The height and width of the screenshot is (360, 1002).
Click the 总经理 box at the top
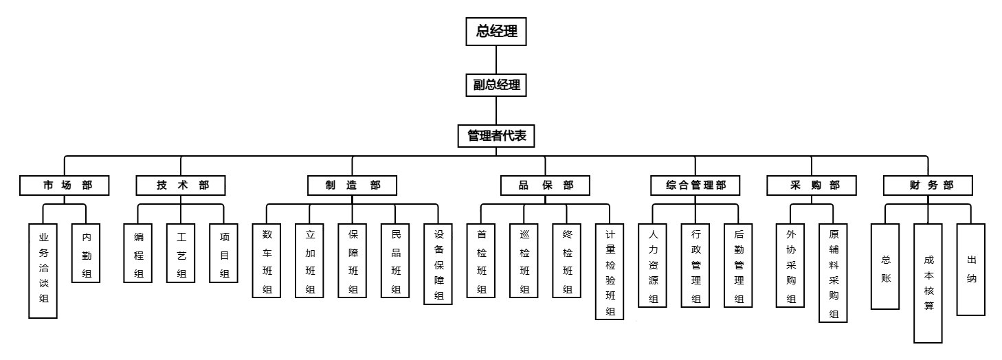pyautogui.click(x=496, y=32)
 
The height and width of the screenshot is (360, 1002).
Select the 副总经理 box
pyautogui.click(x=496, y=86)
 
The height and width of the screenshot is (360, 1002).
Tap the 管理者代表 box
pyautogui.click(x=496, y=135)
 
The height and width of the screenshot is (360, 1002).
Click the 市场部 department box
pyautogui.click(x=65, y=185)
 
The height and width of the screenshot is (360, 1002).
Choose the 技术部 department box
pyautogui.click(x=181, y=185)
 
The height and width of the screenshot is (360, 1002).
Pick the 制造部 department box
pyautogui.click(x=352, y=185)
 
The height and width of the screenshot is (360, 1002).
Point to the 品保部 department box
pyautogui.click(x=545, y=185)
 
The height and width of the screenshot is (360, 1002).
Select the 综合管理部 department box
pyautogui.click(x=695, y=185)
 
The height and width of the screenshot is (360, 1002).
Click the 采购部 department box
pyautogui.click(x=812, y=185)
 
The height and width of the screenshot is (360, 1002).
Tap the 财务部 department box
pyautogui.click(x=928, y=185)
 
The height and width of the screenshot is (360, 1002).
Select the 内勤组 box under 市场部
pyautogui.click(x=86, y=253)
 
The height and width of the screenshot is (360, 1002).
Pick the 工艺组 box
pyautogui.click(x=181, y=253)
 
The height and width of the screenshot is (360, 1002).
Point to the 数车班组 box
pyautogui.click(x=267, y=260)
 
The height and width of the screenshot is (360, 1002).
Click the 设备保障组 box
pyautogui.click(x=438, y=265)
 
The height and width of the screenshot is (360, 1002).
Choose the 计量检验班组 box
pyautogui.click(x=610, y=272)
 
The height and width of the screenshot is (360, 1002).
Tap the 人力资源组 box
pyautogui.click(x=653, y=265)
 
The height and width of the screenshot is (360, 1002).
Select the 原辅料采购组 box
pyautogui.click(x=833, y=272)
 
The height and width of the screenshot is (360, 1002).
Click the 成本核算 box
pyautogui.click(x=928, y=282)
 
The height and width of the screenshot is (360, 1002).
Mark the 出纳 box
pyautogui.click(x=971, y=269)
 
